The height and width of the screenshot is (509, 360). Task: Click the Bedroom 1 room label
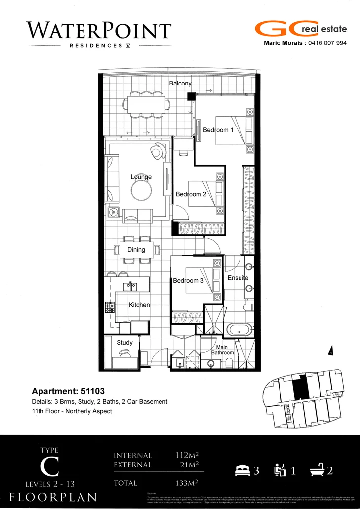tap(218, 130)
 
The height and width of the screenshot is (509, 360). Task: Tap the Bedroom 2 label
tap(191, 194)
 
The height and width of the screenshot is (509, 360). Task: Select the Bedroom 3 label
tap(188, 281)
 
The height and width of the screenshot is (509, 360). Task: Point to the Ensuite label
tap(238, 278)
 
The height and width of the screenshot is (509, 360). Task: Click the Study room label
tap(124, 342)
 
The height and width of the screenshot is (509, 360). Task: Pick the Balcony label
tap(180, 84)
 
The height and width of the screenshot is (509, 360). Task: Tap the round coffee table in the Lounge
tap(141, 190)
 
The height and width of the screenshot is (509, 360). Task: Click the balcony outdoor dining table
tap(147, 105)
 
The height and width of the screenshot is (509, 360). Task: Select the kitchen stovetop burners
tap(109, 307)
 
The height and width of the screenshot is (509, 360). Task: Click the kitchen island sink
tap(131, 285)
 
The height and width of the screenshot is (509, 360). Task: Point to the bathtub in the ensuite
tap(240, 328)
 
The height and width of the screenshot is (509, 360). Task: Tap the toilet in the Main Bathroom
tap(229, 363)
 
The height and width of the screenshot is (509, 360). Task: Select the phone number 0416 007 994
tap(327, 43)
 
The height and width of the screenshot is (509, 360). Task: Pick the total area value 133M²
tap(186, 483)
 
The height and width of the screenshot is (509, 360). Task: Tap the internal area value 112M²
tap(186, 455)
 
